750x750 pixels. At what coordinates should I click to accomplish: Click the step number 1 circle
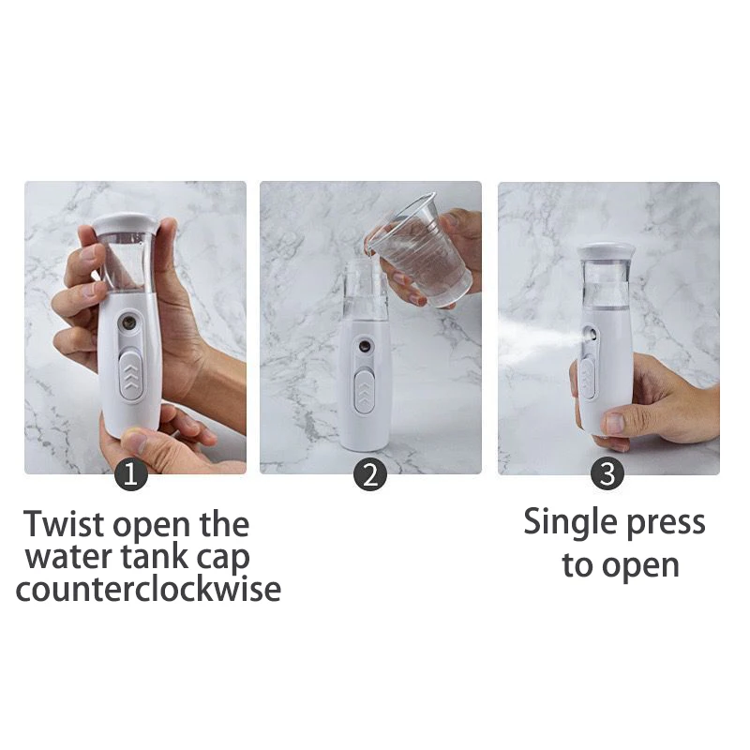click(131, 474)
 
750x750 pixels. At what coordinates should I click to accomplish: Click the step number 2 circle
click(370, 474)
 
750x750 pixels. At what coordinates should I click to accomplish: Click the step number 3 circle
click(607, 474)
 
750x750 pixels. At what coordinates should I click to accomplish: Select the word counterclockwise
click(148, 590)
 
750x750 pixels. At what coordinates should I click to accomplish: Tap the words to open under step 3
click(620, 566)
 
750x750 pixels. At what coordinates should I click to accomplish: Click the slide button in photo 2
click(366, 389)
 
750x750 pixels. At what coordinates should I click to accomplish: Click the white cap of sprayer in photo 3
click(606, 251)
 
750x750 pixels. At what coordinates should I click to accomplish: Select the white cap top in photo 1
click(124, 223)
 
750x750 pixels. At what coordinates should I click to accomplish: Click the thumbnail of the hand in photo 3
click(614, 423)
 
